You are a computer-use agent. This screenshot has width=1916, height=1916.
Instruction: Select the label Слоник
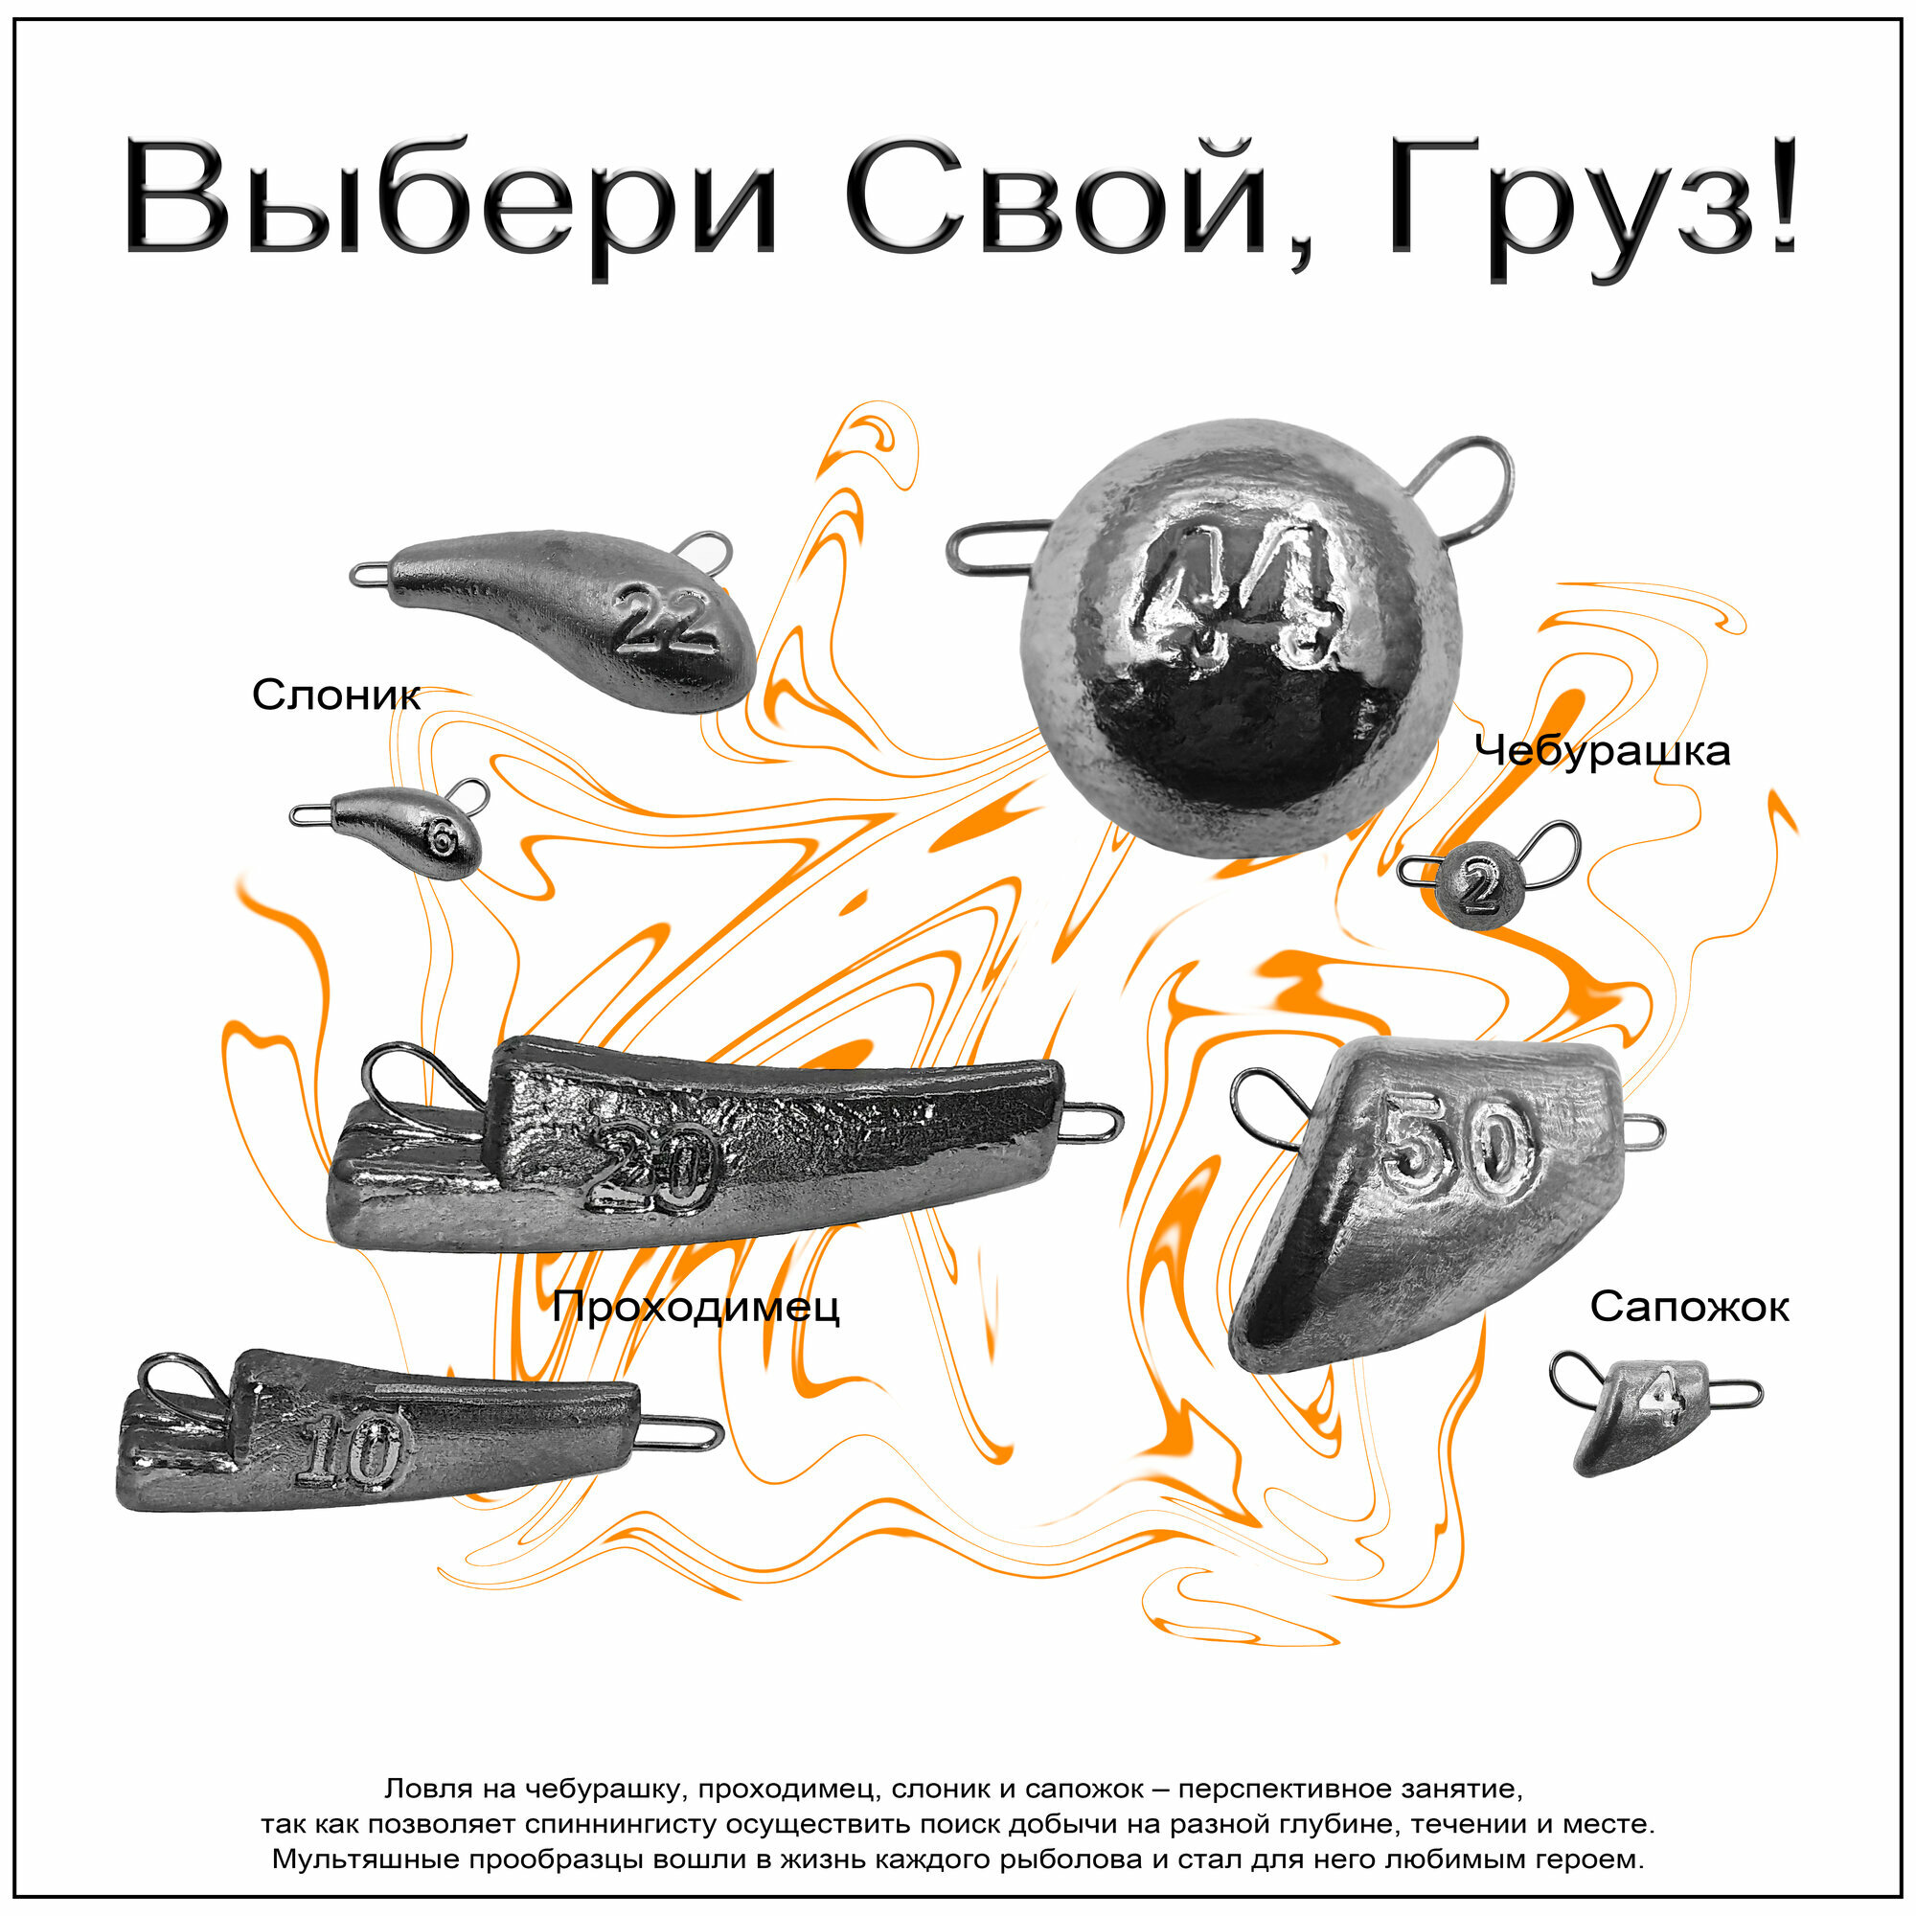point(336,696)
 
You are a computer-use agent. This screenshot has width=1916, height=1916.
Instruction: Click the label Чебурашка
point(1602,751)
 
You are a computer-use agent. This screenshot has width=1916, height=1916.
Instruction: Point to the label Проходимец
point(696,1307)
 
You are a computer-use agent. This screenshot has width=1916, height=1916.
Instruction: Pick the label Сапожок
point(1689,1307)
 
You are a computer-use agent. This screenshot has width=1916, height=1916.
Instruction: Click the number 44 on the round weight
point(1236,595)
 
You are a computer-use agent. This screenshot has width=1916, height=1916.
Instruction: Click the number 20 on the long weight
point(650,1171)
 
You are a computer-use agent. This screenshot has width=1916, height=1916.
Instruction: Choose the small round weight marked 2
point(1476,888)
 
